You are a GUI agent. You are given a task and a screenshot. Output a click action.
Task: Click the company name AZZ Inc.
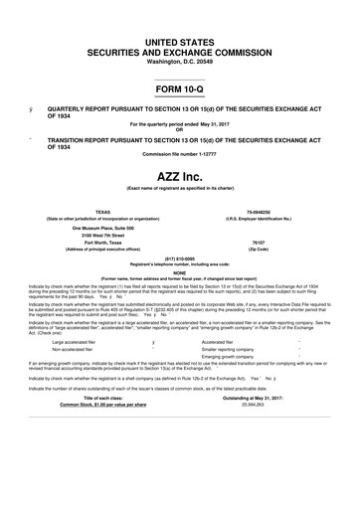pyautogui.click(x=179, y=175)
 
